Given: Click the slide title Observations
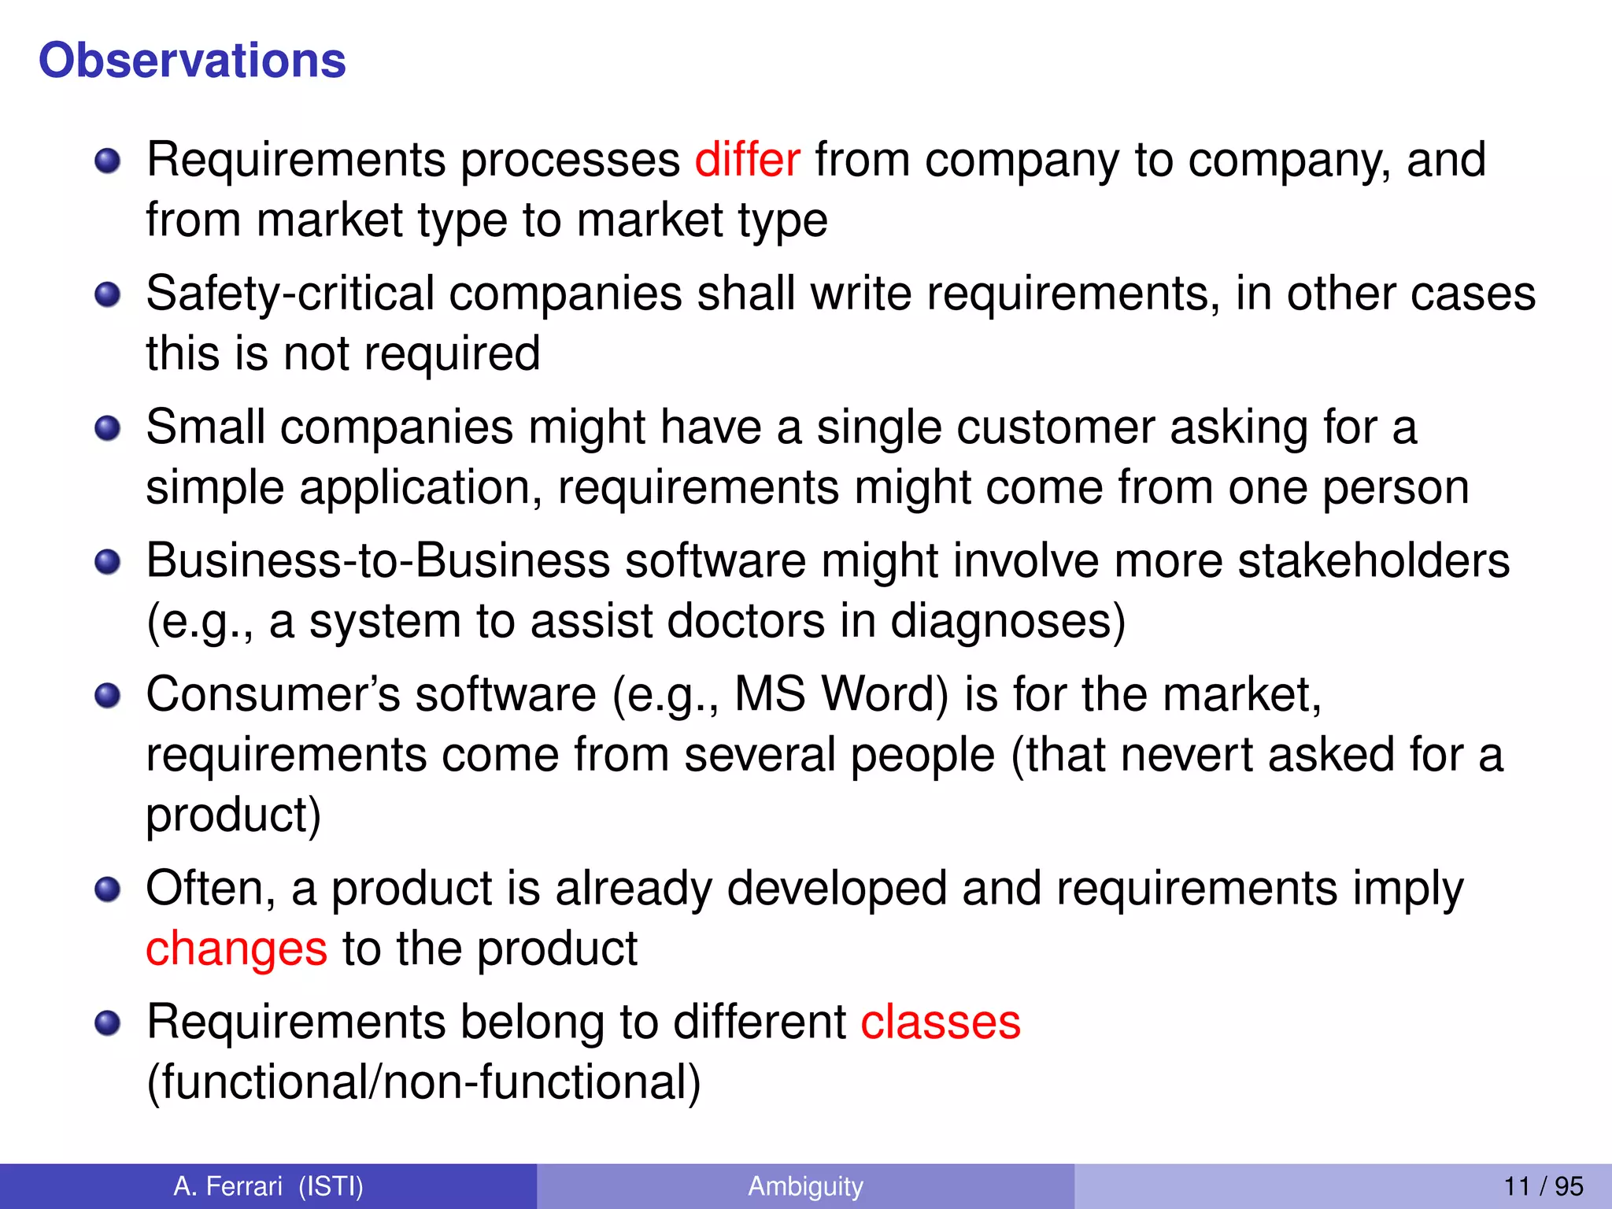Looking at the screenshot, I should click(x=192, y=61).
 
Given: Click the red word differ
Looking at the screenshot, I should click(x=747, y=160).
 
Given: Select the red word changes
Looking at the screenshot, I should click(x=236, y=948).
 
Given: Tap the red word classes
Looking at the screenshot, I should click(x=941, y=1022).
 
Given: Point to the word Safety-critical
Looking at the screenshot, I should click(x=290, y=294).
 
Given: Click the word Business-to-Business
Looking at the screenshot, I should click(x=378, y=561).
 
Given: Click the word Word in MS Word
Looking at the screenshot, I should click(x=885, y=695).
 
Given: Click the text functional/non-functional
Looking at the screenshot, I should click(x=423, y=1082).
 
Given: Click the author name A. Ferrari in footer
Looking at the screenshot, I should click(x=227, y=1186).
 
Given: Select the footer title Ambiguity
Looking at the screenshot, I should click(x=805, y=1186).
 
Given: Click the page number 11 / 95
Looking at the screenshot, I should click(x=1543, y=1186).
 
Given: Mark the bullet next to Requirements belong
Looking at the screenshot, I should click(x=107, y=1024).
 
